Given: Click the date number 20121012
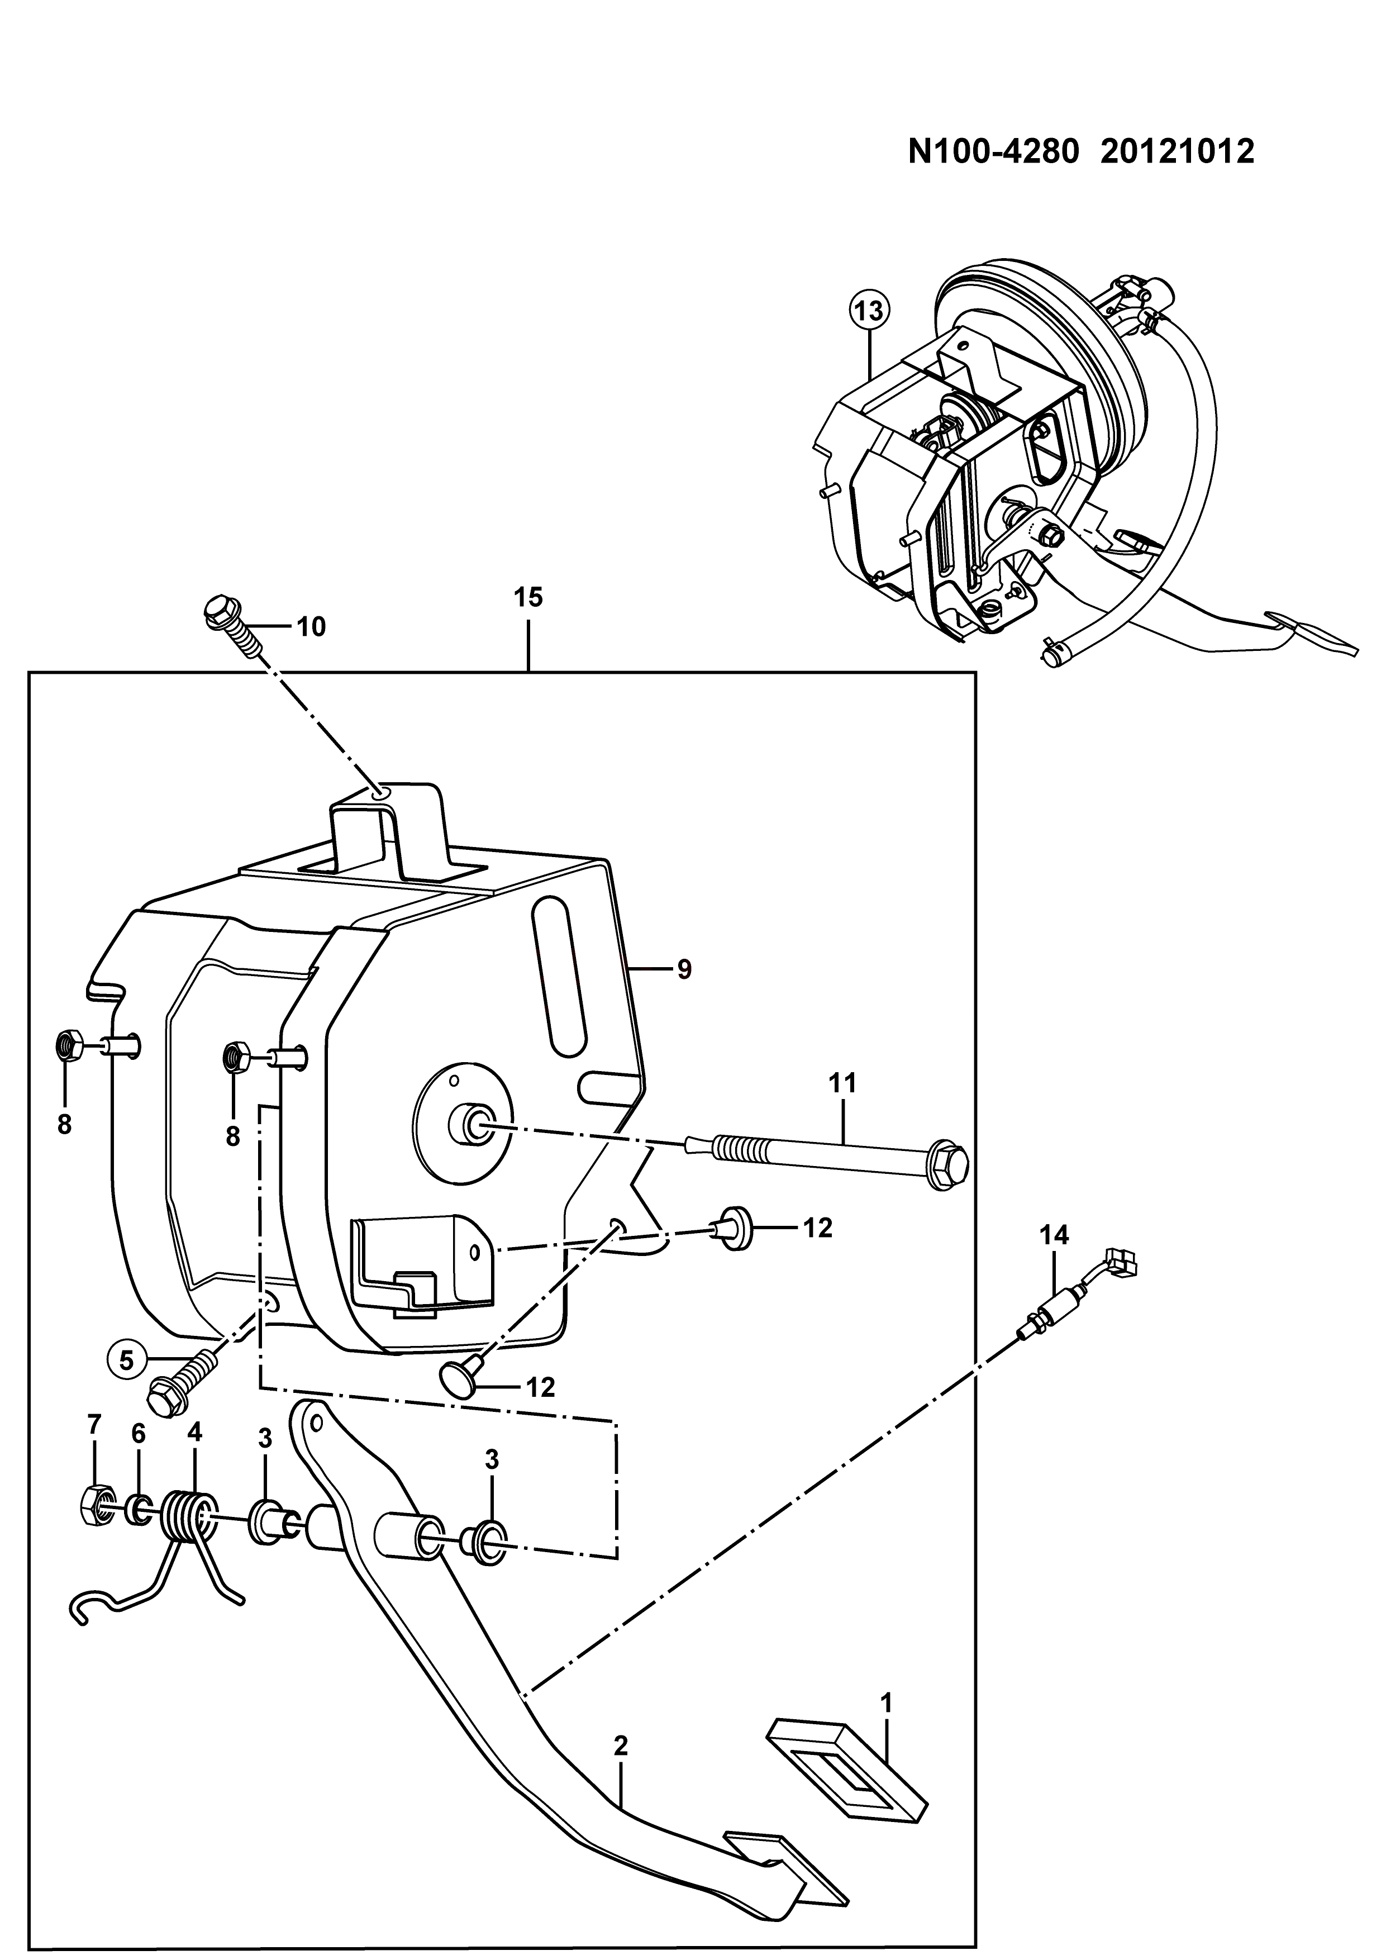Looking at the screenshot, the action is [x=1178, y=152].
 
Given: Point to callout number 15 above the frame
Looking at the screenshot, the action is [x=529, y=598].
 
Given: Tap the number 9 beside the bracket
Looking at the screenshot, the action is [x=684, y=971].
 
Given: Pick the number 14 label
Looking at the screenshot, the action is [x=1054, y=1235].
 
